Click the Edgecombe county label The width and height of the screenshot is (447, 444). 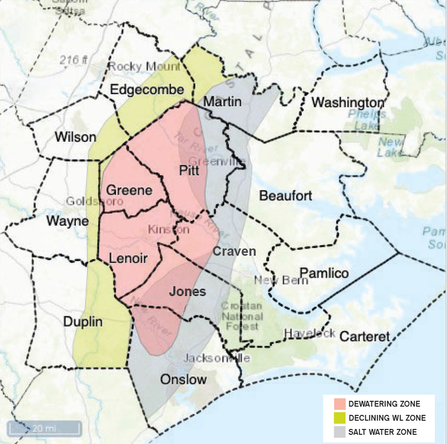(147, 90)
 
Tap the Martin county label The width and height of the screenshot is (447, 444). (222, 102)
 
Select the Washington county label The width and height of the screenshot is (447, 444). (348, 102)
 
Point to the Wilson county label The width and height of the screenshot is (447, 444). (75, 137)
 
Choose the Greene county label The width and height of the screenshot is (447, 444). (129, 190)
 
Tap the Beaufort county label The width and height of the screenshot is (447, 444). (285, 196)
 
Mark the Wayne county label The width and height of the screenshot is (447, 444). (68, 221)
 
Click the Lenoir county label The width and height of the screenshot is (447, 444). (128, 258)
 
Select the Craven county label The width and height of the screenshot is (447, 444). (234, 251)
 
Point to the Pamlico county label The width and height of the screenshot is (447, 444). (324, 273)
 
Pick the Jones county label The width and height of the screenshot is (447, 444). (187, 292)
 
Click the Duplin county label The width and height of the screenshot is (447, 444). (83, 322)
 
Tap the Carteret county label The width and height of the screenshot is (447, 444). (365, 336)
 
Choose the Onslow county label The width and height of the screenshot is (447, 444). (183, 379)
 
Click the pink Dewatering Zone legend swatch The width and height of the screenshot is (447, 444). (340, 404)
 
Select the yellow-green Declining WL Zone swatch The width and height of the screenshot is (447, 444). (340, 418)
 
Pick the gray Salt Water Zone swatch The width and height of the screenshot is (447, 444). (340, 431)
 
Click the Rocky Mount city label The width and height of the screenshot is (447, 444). (144, 66)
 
